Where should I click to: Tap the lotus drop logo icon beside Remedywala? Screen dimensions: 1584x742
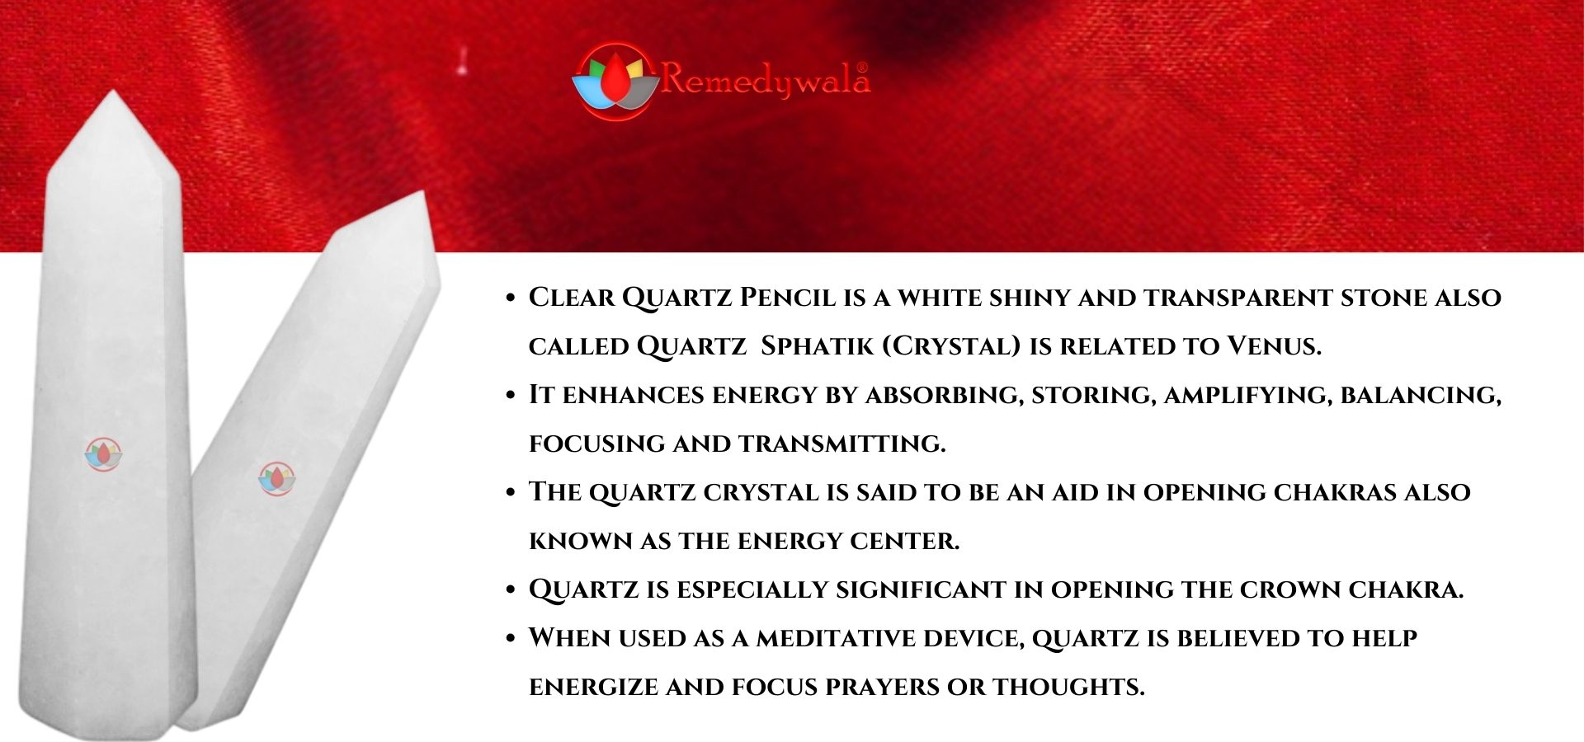[x=615, y=81]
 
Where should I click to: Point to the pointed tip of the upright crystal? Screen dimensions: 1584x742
[x=112, y=91]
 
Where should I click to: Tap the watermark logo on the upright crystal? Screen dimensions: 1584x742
[x=104, y=454]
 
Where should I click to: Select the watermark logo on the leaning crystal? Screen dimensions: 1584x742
[x=276, y=478]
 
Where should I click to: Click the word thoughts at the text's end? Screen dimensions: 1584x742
[x=1068, y=687]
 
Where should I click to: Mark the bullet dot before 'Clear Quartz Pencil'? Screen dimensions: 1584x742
[x=510, y=298]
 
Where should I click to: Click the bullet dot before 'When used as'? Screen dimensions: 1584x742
[x=510, y=638]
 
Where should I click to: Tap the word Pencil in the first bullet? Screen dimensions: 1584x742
[x=788, y=297]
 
